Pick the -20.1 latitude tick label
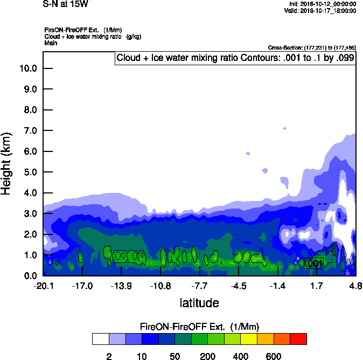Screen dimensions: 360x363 click(43, 286)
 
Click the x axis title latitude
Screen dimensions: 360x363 click(199, 303)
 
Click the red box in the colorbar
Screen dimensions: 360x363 click(298, 339)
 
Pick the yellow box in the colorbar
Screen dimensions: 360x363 click(248, 339)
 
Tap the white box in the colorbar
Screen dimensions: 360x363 click(100, 339)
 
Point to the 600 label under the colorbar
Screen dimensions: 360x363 click(274, 356)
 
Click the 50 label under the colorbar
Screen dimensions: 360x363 click(174, 356)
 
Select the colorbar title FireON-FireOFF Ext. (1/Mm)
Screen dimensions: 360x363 click(199, 327)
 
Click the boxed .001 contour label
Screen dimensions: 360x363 click(313, 263)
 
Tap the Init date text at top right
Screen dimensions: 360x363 click(322, 4)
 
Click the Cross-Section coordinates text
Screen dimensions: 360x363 click(312, 47)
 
